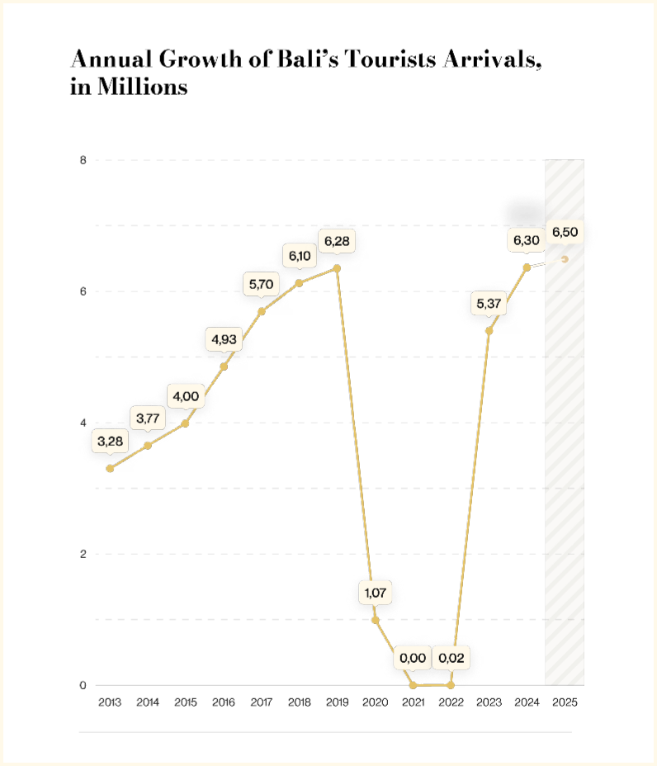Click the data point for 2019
[x=337, y=269]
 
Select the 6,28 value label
[x=337, y=241]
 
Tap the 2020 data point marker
[x=376, y=620]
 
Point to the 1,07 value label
[x=376, y=593]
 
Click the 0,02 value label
[x=451, y=658]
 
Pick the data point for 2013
[x=110, y=469]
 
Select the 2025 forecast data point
[x=565, y=259]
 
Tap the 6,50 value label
[x=565, y=232]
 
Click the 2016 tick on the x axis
[x=223, y=702]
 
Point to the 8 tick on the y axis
[x=83, y=160]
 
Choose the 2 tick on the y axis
[x=83, y=554]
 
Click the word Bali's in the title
[x=308, y=59]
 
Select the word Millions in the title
[x=142, y=87]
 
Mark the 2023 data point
[x=489, y=331]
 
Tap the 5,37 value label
[x=489, y=304]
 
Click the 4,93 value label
[x=224, y=339]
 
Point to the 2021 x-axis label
[x=413, y=702]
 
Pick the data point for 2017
[x=262, y=311]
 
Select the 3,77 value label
[x=148, y=418]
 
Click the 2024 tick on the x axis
[x=527, y=702]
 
